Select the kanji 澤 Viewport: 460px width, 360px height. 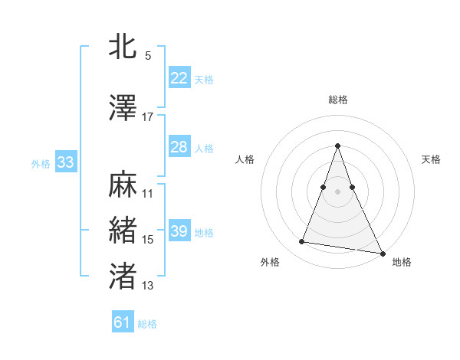[123, 109]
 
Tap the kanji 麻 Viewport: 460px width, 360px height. [123, 186]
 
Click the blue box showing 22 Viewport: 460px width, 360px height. [179, 78]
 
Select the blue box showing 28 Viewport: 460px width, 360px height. [179, 147]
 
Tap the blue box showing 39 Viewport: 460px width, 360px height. [179, 231]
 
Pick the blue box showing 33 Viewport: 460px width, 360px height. [65, 162]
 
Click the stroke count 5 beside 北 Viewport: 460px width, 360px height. [147, 56]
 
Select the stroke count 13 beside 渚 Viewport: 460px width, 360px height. [147, 286]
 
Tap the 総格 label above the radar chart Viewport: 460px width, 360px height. [337, 100]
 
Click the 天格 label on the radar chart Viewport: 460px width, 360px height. [431, 159]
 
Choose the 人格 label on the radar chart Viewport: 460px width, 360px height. [245, 159]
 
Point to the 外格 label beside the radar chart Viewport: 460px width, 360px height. [270, 262]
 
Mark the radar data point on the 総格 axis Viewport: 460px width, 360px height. [337, 146]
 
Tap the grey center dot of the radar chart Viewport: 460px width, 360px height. [337, 191]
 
